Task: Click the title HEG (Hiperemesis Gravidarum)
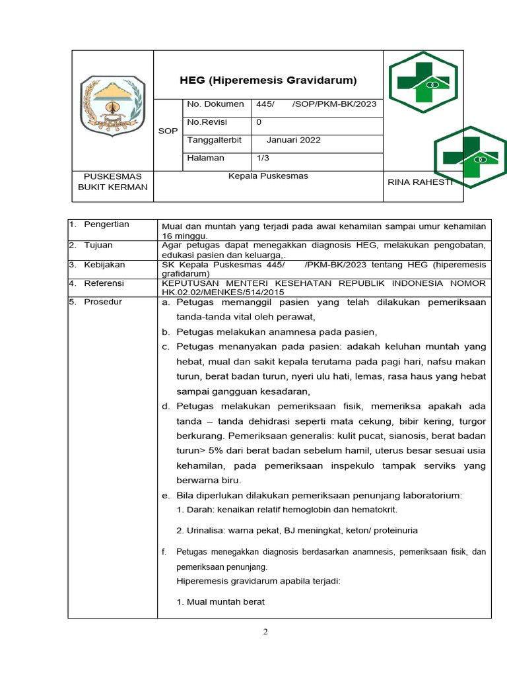tap(268, 81)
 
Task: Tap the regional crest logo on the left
tap(112, 105)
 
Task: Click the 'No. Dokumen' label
tap(215, 104)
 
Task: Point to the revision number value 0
tap(259, 122)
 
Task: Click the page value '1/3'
tap(263, 158)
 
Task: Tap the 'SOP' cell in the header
tap(168, 131)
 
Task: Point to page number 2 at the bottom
tap(265, 632)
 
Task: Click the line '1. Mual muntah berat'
tap(220, 602)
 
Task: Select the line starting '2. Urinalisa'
tap(297, 530)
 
